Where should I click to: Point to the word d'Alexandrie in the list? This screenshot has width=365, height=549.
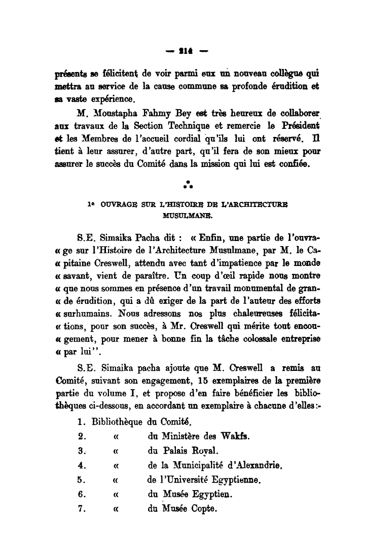(x=251, y=465)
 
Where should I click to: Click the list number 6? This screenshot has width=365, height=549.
(x=80, y=493)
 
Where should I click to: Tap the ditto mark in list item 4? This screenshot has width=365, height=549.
(x=116, y=465)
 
